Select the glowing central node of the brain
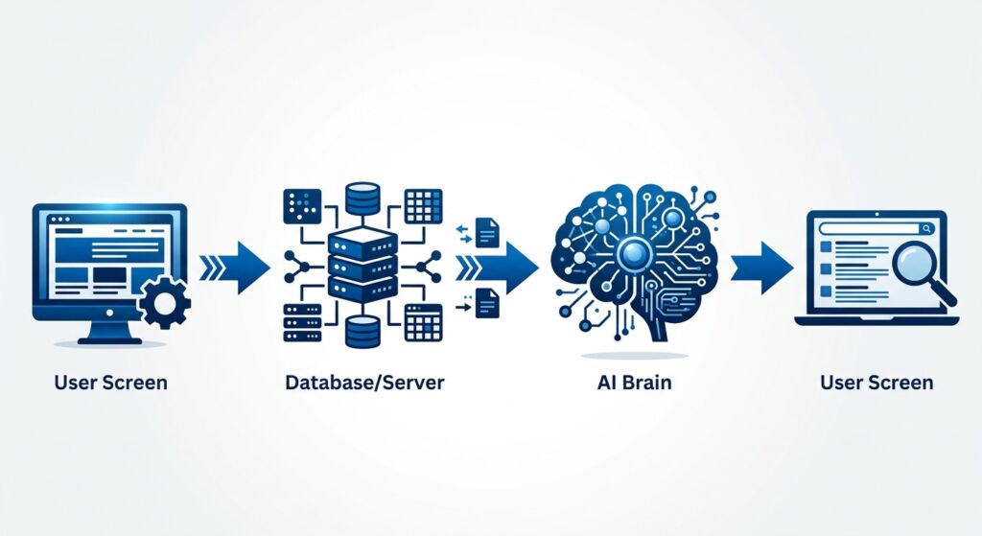point(634,254)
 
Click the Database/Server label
point(364,383)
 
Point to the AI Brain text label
point(633,383)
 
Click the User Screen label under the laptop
point(876,383)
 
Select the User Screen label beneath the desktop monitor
point(110,383)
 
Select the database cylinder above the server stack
point(363,200)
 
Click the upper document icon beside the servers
point(487,230)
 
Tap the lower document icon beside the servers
point(487,303)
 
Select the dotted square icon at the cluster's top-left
point(298,202)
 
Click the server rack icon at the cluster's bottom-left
point(298,323)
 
